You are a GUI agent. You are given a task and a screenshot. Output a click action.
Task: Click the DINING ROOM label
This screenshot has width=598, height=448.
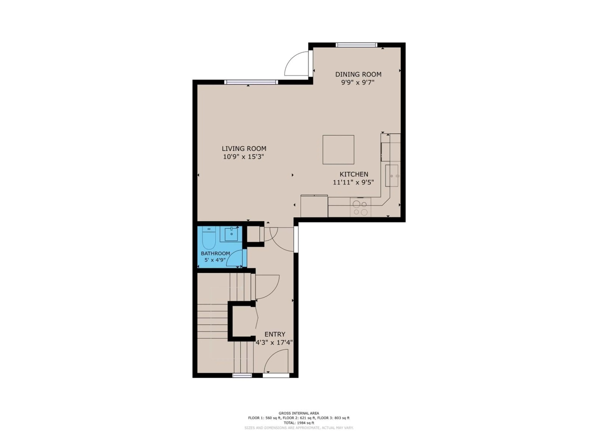[x=358, y=74]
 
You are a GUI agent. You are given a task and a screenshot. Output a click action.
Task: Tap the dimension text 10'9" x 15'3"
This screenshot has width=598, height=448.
[x=243, y=157]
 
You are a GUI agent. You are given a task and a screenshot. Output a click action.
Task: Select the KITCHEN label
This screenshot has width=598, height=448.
[x=354, y=174]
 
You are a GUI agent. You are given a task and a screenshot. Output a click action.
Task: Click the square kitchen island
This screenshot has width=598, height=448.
[x=338, y=150]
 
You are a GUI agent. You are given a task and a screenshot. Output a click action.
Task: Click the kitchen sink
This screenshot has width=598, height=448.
[x=392, y=176]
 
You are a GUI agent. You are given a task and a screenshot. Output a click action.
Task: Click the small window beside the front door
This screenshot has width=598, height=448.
[x=242, y=375]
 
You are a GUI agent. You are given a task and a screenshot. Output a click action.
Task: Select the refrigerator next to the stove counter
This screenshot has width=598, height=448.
[x=314, y=206]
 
